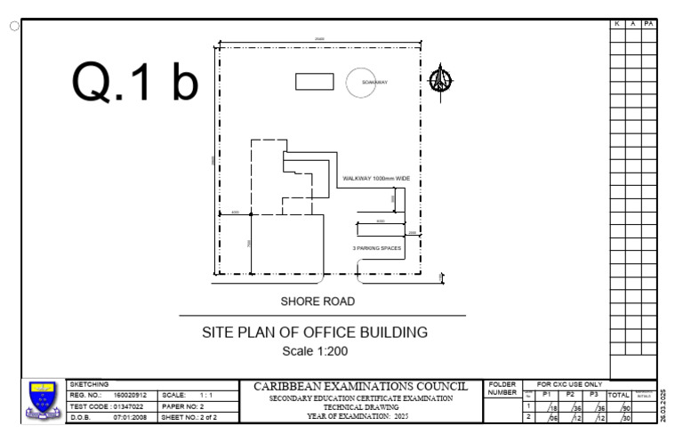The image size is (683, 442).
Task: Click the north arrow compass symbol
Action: (x=438, y=81)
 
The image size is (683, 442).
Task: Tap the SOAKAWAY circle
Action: (x=364, y=82)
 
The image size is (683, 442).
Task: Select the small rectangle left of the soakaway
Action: (x=314, y=81)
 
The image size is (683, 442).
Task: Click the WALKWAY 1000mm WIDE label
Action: (x=376, y=179)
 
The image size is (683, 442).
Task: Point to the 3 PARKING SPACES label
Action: (x=378, y=248)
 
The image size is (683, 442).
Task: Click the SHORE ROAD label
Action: (x=317, y=301)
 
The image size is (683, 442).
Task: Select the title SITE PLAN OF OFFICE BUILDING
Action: (x=315, y=333)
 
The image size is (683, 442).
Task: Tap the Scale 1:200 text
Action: (x=315, y=350)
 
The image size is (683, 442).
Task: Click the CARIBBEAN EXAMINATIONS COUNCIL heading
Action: (x=360, y=387)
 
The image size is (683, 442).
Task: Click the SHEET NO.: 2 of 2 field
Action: (x=189, y=416)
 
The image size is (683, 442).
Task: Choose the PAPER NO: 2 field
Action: (x=184, y=406)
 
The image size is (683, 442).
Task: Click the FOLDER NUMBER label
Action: (x=502, y=389)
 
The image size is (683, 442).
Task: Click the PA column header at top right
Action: (x=648, y=23)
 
